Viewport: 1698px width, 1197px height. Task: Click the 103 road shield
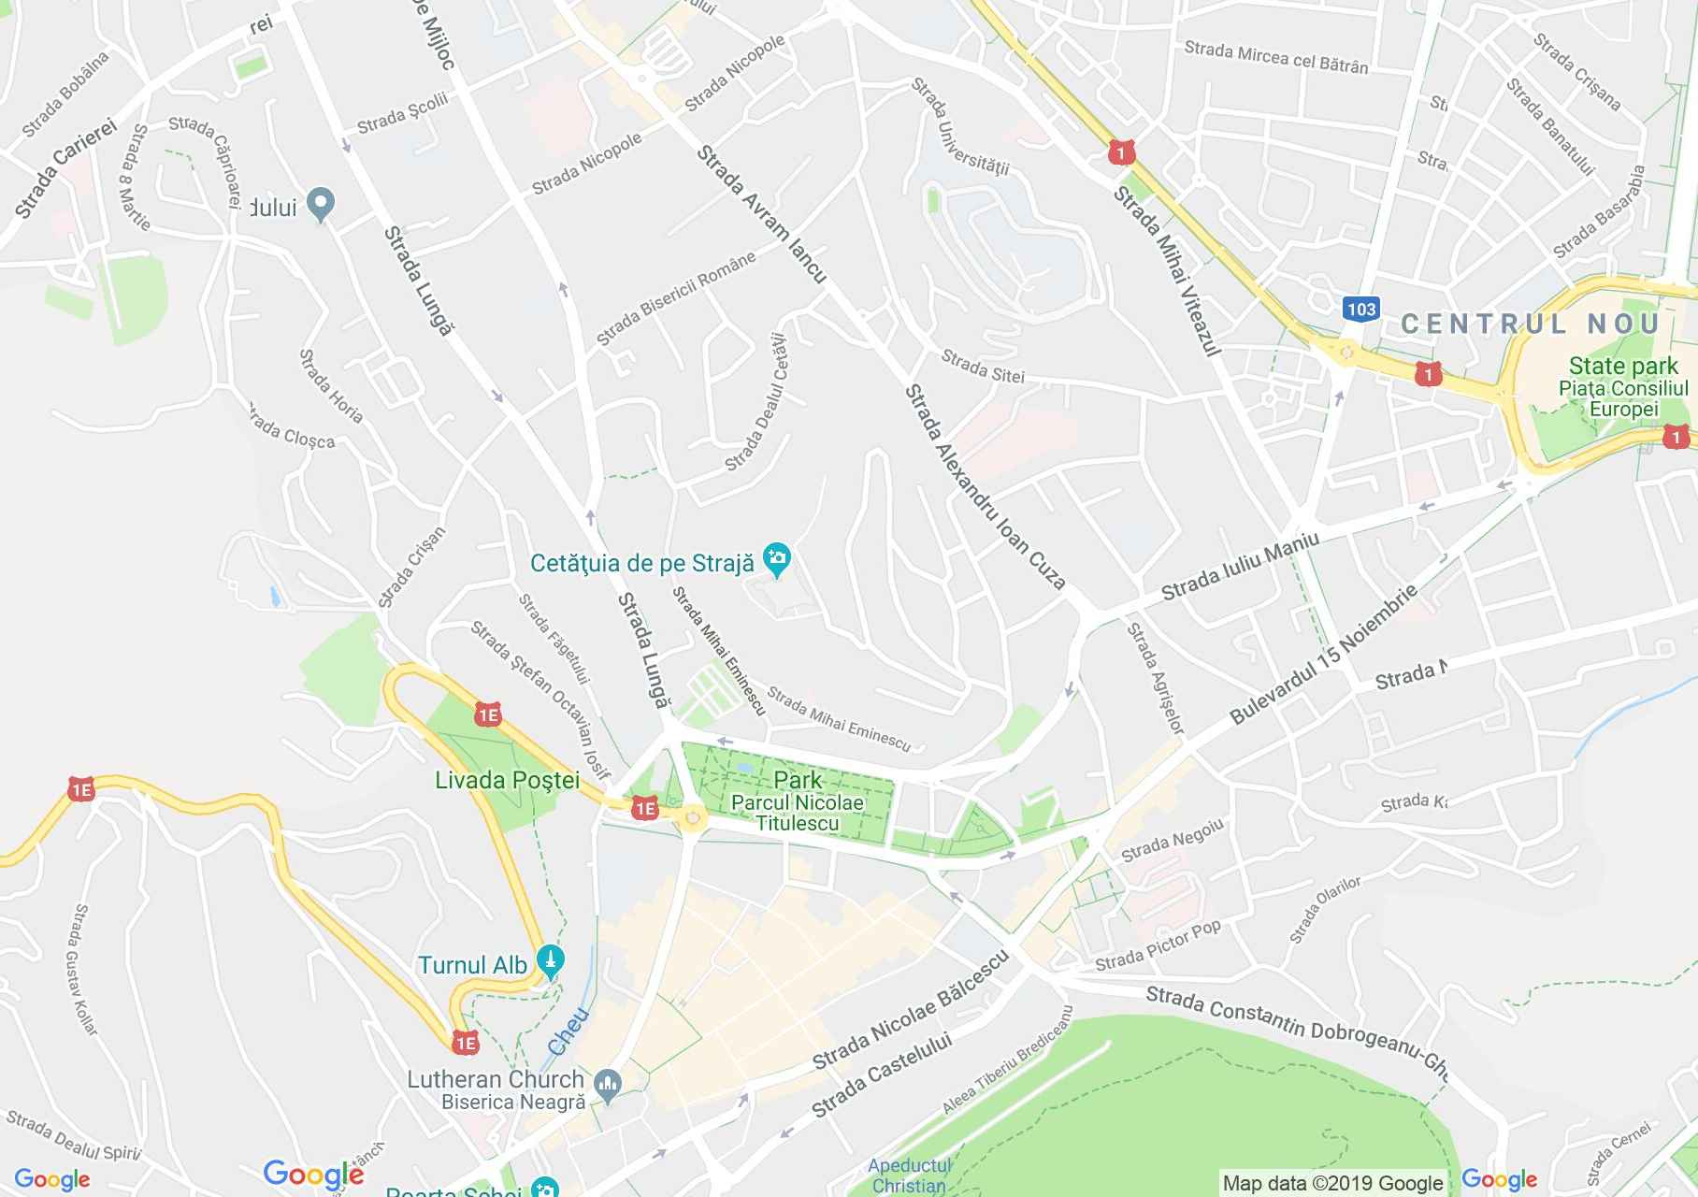1361,309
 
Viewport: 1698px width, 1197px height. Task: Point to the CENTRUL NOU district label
1530,324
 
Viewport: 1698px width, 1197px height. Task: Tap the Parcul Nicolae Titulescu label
797,813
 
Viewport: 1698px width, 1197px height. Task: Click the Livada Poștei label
508,780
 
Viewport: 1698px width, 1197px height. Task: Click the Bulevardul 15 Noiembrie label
1323,655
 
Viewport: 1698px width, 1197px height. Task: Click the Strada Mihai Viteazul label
1166,271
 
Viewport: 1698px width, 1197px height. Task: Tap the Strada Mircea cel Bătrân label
1275,56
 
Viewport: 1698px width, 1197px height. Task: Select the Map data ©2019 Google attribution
1332,1183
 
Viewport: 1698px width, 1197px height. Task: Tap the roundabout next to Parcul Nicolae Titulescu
693,819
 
